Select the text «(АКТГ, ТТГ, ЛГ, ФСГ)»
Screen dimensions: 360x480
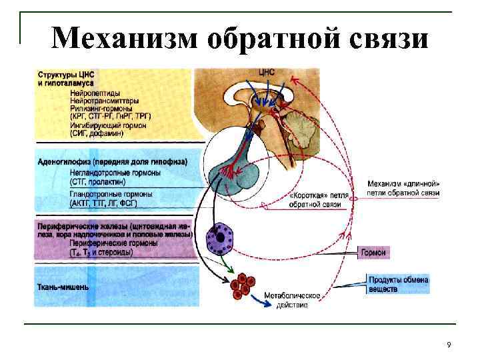[107, 202]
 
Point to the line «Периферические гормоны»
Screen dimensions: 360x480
[114, 243]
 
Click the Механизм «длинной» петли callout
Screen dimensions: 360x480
[403, 188]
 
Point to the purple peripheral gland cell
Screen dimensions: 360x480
[217, 239]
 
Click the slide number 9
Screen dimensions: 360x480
[449, 344]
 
